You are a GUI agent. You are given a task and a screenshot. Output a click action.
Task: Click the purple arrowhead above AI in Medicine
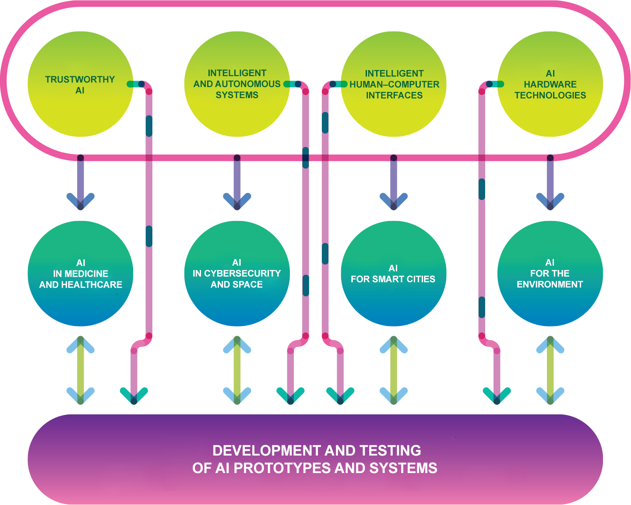(81, 201)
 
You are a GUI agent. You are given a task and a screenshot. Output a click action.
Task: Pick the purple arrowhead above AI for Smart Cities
(394, 201)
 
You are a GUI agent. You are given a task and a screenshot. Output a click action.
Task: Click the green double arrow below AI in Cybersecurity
(237, 370)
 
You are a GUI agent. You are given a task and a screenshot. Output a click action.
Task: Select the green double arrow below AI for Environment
(550, 370)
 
